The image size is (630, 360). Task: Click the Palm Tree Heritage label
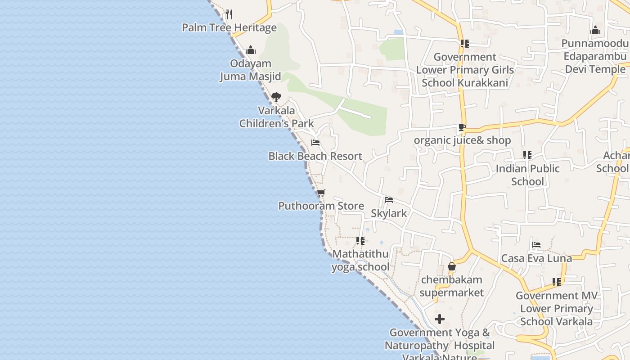point(229,27)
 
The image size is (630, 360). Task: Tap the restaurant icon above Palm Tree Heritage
point(229,14)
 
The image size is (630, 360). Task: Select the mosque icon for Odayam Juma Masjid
point(251,50)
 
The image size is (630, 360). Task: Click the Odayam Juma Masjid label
point(250,70)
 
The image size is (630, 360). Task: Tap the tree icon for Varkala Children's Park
point(276,97)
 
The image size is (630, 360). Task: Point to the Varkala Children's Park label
point(276,117)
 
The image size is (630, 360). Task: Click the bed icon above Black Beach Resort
point(315,143)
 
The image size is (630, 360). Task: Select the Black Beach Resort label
point(315,156)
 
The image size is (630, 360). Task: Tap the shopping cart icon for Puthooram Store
point(321,193)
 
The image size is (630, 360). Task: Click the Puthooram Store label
point(321,206)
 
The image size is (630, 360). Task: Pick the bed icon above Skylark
point(389,200)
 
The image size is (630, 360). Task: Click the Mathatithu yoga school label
point(360,261)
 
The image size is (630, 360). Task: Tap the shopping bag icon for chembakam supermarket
point(452,267)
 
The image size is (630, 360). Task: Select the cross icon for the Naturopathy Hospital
point(440,319)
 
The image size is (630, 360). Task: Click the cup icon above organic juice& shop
point(462,127)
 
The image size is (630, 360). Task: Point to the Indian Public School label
point(527,175)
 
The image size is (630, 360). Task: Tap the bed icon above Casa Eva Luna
point(536,245)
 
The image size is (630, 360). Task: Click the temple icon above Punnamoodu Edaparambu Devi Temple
point(595,31)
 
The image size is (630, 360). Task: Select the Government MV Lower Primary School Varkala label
point(557,309)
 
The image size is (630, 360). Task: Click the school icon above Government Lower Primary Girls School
point(465,44)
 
